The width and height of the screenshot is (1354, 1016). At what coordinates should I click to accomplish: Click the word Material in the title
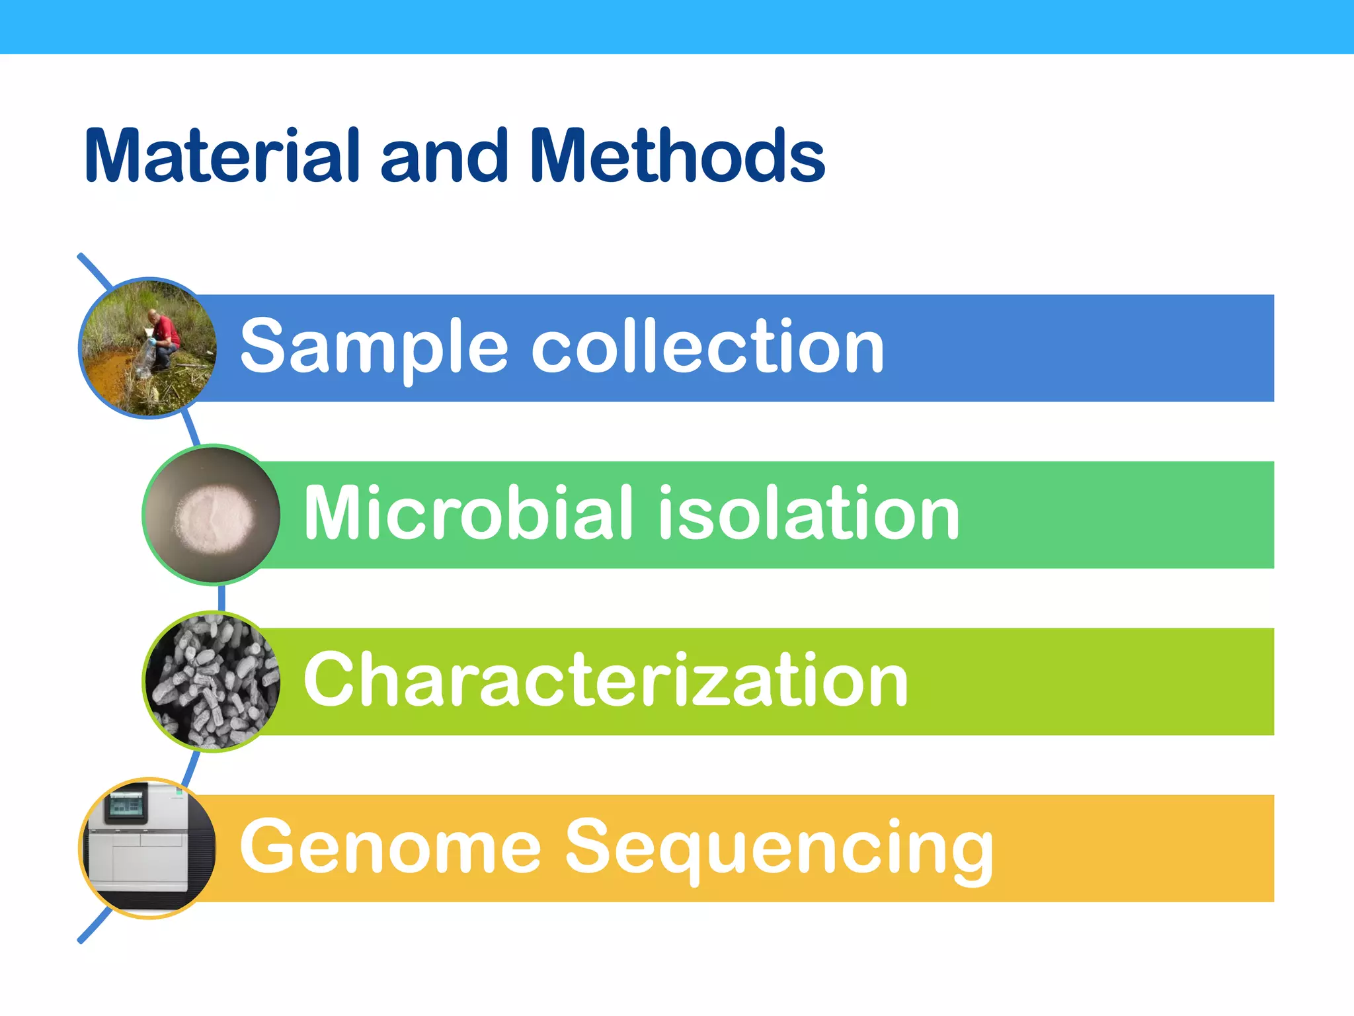[221, 156]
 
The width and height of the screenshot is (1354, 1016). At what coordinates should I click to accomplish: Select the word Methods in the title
[677, 156]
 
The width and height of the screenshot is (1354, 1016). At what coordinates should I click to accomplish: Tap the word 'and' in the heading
[444, 156]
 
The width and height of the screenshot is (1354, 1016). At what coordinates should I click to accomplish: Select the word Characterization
[606, 680]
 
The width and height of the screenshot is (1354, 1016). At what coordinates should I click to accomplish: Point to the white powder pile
[214, 517]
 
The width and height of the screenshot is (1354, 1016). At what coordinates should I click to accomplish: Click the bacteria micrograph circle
[212, 681]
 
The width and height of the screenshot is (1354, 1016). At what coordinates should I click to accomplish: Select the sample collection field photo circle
[147, 348]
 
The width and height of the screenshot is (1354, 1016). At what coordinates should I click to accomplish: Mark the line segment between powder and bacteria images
[221, 598]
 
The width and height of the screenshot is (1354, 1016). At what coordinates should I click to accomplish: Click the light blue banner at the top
[677, 26]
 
